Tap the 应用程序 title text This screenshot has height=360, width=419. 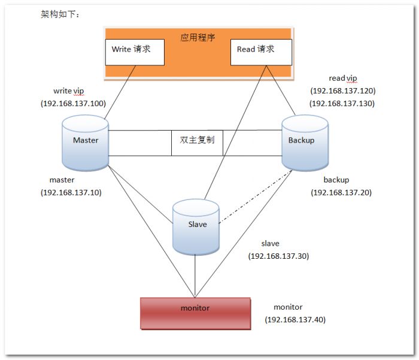[x=198, y=37]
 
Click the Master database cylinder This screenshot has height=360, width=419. [x=85, y=143]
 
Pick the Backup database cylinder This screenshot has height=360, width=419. [x=305, y=143]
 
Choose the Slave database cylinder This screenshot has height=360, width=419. [x=196, y=226]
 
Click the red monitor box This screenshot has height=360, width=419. [x=195, y=312]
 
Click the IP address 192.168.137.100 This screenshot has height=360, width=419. [x=74, y=103]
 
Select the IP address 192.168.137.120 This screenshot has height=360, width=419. [x=343, y=91]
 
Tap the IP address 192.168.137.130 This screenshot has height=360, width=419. [x=343, y=103]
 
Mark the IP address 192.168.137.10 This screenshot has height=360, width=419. [x=71, y=192]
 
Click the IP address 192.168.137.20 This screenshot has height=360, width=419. [x=341, y=192]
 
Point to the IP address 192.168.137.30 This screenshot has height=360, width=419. [x=278, y=256]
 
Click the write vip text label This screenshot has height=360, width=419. [x=69, y=90]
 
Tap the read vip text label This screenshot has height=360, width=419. [x=342, y=78]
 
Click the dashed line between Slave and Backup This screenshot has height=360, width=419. [x=254, y=198]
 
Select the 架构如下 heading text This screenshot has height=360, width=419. [x=59, y=13]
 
